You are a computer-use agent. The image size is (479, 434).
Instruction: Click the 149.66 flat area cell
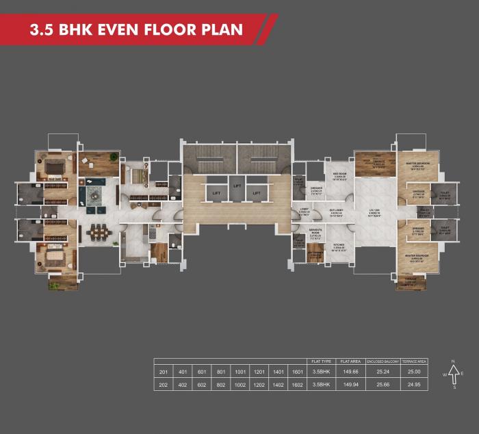(x=350, y=372)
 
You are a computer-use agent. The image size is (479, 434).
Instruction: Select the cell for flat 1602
(x=297, y=385)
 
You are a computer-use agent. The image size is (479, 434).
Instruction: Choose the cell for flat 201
(x=164, y=372)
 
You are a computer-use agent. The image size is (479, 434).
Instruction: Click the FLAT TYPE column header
(x=321, y=360)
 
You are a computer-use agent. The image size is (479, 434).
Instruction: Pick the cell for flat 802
(x=221, y=385)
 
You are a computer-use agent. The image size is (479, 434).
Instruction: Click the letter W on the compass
(x=443, y=374)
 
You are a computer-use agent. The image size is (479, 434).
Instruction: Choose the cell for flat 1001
(x=240, y=372)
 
